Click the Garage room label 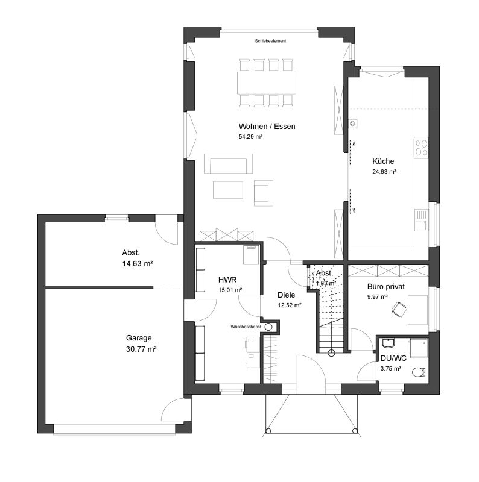click(x=139, y=338)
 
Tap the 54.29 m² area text click(x=250, y=137)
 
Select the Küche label click(x=383, y=161)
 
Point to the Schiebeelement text click(x=270, y=41)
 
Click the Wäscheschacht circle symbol click(x=268, y=327)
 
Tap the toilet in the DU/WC click(x=418, y=372)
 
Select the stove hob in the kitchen click(x=421, y=148)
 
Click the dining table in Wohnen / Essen click(x=267, y=83)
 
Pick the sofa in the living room click(x=229, y=164)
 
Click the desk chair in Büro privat click(x=399, y=308)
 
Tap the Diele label click(x=287, y=295)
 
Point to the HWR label click(x=227, y=280)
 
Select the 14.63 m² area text click(x=138, y=264)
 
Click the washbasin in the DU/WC click(x=387, y=343)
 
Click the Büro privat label click(x=386, y=287)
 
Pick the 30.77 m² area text click(x=141, y=349)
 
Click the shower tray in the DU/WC click(x=419, y=348)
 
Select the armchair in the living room click(x=264, y=193)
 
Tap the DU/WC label click(x=393, y=358)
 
